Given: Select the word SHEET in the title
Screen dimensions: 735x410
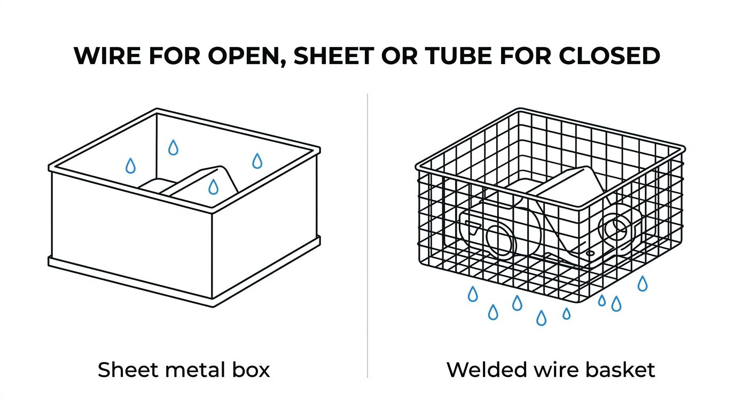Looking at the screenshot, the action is [334, 56].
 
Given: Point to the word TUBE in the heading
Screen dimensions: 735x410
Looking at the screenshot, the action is [459, 56].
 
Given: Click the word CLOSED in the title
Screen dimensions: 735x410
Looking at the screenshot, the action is [609, 56].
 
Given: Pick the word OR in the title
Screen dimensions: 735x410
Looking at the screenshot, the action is [400, 56].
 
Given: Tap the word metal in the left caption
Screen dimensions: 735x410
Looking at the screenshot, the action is [196, 370].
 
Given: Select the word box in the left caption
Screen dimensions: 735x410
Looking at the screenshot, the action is [252, 370].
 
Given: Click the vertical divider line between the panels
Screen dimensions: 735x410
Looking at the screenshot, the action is [367, 235].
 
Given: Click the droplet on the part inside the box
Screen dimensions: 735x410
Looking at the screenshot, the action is [214, 187].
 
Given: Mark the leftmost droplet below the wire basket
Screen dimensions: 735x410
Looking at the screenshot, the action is [473, 294].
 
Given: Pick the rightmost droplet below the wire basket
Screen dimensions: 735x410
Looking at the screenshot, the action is [643, 283].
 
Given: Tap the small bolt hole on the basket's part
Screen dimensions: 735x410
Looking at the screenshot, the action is [590, 254].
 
